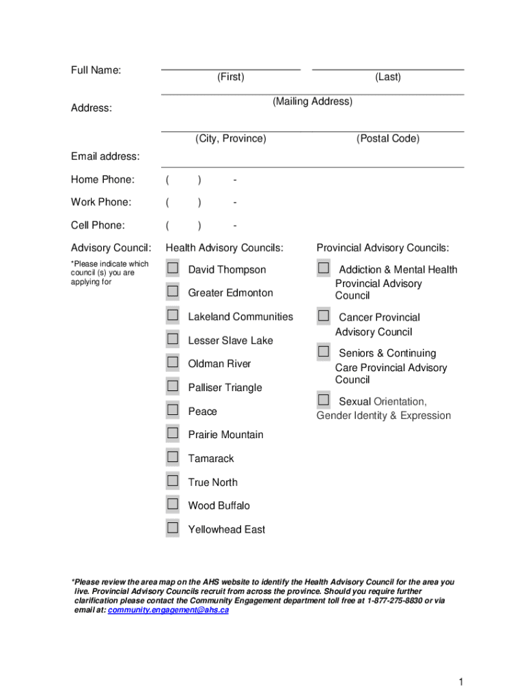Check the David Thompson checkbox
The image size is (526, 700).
click(x=173, y=268)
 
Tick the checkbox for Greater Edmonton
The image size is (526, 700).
click(x=173, y=292)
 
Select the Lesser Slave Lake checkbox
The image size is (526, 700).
click(x=173, y=339)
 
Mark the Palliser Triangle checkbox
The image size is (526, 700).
click(x=173, y=386)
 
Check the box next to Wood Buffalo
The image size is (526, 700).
click(x=173, y=504)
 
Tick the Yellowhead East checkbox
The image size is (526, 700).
click(x=173, y=528)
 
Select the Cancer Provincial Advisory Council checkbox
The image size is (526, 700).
click(x=323, y=316)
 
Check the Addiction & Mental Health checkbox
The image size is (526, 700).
click(x=323, y=269)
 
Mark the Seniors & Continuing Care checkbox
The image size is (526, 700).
click(x=323, y=352)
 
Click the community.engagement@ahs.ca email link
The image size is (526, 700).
click(x=169, y=610)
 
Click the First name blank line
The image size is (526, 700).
click(x=230, y=66)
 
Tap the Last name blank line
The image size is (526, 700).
click(x=387, y=66)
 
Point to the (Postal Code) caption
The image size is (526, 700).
click(x=387, y=139)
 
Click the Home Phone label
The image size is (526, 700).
click(x=102, y=180)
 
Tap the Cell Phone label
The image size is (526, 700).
click(x=98, y=225)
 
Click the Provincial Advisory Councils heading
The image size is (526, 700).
click(x=383, y=247)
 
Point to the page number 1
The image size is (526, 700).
click(x=462, y=682)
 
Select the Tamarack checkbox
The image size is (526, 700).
click(x=173, y=457)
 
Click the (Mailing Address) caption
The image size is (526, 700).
click(x=312, y=102)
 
